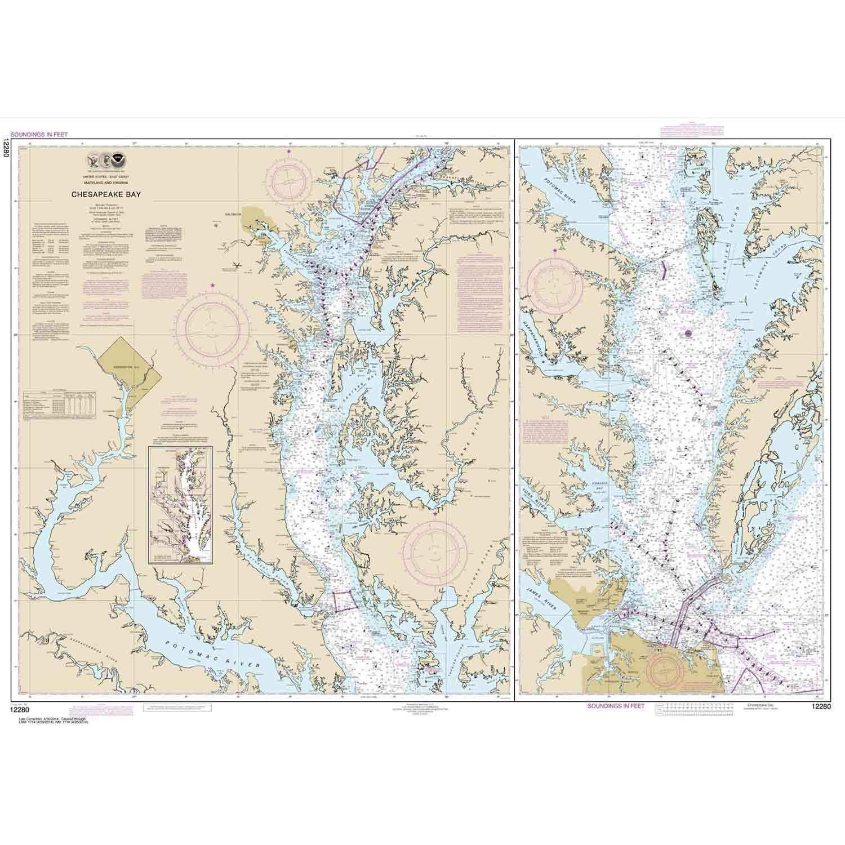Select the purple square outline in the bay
tap(342, 602)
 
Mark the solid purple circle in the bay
tap(688, 333)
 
